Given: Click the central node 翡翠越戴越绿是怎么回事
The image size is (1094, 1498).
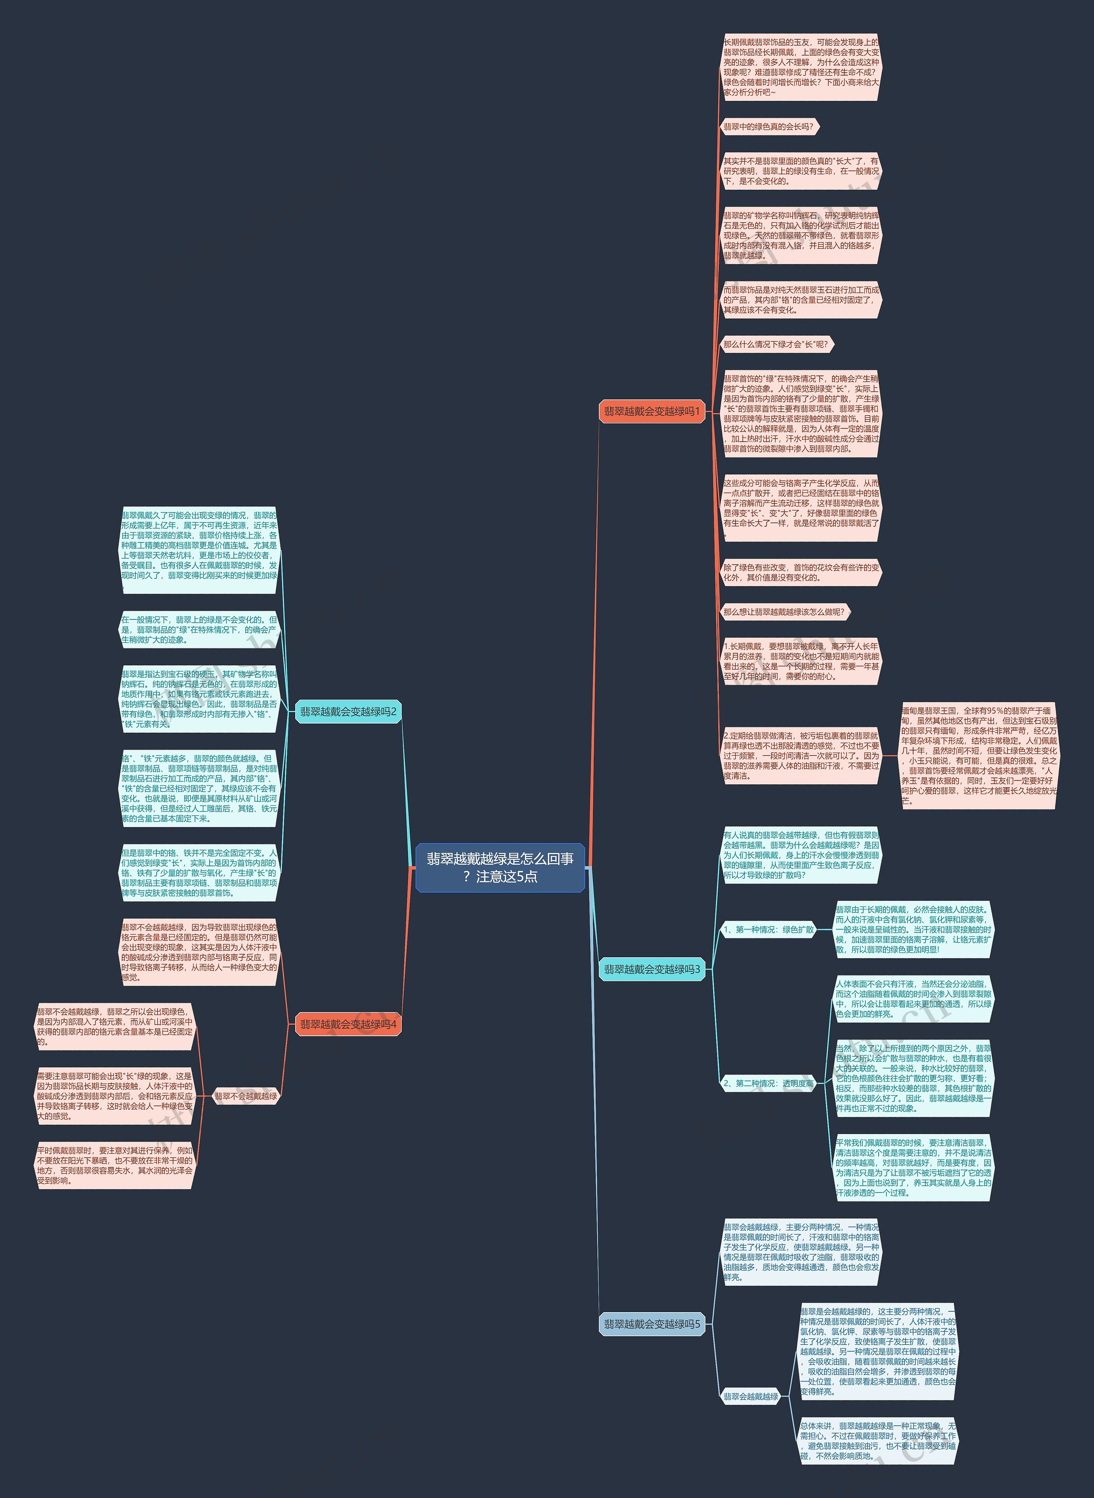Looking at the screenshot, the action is (500, 867).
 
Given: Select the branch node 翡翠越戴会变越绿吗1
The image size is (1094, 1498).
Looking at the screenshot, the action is (652, 411).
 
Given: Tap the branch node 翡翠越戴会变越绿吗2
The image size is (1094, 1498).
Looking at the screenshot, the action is (348, 712).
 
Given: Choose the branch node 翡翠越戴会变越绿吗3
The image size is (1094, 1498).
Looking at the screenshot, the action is (652, 969).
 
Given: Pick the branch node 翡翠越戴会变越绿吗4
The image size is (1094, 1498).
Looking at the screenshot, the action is (348, 1024).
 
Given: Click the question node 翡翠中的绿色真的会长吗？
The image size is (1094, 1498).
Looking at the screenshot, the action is (769, 126).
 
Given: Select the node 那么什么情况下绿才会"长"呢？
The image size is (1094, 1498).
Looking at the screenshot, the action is (776, 344).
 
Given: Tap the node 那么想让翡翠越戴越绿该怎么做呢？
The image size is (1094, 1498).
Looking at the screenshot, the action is (784, 612).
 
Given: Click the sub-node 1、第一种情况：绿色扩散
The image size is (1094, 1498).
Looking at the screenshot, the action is (768, 929).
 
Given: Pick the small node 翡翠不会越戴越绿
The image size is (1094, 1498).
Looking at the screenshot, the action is (246, 1096).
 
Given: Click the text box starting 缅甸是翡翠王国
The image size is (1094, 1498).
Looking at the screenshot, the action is (979, 755).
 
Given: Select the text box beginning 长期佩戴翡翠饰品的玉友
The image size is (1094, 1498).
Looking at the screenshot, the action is (801, 67).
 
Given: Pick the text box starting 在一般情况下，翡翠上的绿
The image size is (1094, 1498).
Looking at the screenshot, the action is (199, 630).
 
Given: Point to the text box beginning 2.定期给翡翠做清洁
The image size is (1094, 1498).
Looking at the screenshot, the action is (801, 755).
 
